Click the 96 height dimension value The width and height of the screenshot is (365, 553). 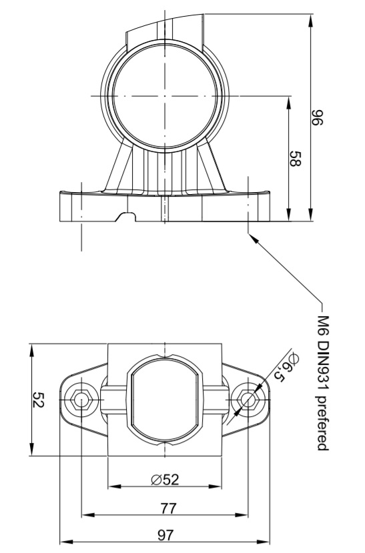click(317, 117)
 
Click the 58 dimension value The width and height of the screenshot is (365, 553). click(295, 159)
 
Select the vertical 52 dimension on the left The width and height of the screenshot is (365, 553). click(38, 400)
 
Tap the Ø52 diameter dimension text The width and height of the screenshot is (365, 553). click(165, 480)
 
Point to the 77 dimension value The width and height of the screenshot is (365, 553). click(168, 508)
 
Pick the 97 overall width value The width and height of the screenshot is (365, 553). click(165, 536)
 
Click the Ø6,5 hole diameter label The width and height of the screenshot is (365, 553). click(287, 368)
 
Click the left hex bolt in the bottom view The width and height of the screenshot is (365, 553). click(81, 400)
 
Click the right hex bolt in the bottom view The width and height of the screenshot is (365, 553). click(248, 400)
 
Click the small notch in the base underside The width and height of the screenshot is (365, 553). click(126, 217)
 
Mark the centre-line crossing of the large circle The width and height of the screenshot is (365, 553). click(165, 95)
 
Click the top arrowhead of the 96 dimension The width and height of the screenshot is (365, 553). click(310, 20)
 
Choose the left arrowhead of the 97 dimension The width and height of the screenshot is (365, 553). click(66, 542)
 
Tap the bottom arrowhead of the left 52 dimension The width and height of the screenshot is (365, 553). click(32, 449)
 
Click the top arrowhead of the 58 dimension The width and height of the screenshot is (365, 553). click(288, 102)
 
